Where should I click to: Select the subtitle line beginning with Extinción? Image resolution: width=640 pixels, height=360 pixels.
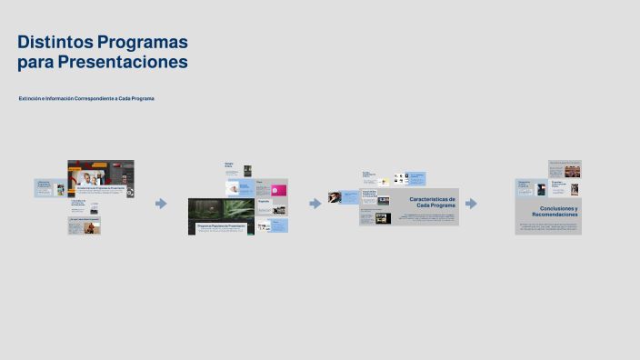click(x=86, y=98)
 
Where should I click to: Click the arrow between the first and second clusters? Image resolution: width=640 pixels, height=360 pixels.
click(x=161, y=204)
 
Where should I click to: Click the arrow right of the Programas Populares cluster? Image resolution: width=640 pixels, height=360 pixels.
click(x=315, y=204)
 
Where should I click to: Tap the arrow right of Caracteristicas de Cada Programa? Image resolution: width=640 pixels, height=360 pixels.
click(x=471, y=204)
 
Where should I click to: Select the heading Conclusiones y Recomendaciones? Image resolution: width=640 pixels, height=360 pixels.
click(x=555, y=211)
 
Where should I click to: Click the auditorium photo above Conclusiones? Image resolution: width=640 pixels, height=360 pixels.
click(x=572, y=170)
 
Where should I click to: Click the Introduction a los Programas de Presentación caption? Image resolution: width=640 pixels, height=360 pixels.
click(x=100, y=188)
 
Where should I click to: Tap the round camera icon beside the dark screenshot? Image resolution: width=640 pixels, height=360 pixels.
click(x=130, y=191)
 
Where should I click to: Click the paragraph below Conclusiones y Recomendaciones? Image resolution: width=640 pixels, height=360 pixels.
click(x=548, y=225)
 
